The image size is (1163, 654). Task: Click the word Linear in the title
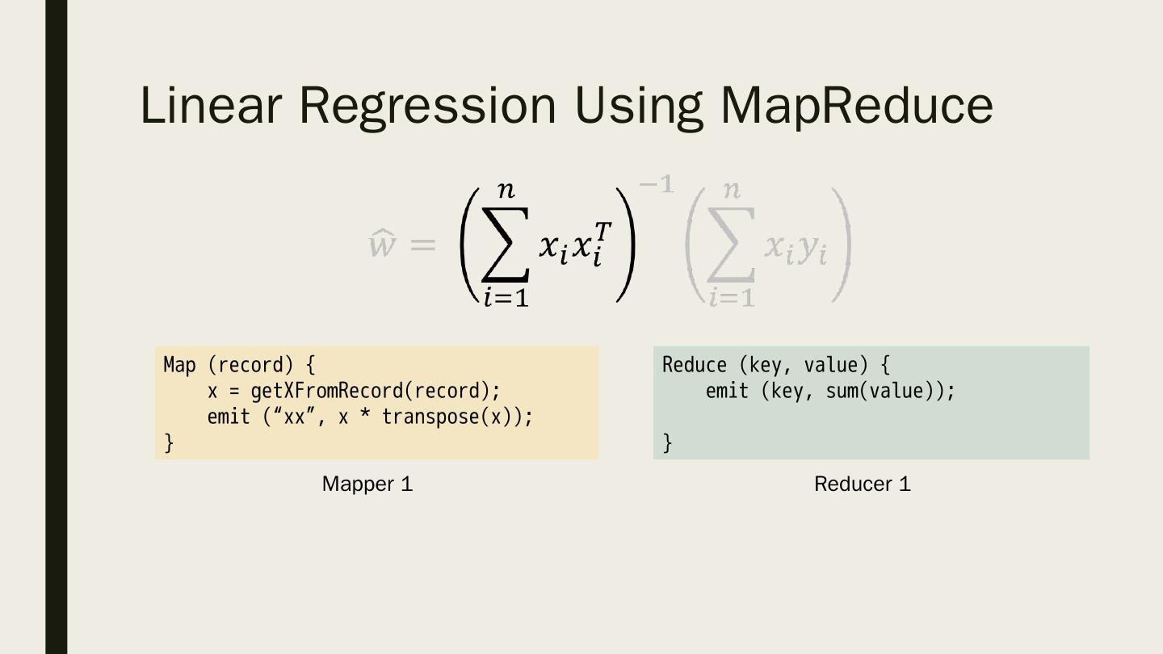(x=211, y=105)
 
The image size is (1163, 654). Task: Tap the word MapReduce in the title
(x=856, y=105)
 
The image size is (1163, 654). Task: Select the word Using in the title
(x=638, y=105)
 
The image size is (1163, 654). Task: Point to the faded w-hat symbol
(x=382, y=243)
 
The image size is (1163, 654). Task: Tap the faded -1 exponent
(x=656, y=185)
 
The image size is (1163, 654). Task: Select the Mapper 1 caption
(x=367, y=484)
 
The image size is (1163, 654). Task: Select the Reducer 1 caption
(x=862, y=484)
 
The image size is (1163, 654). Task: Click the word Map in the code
(x=179, y=365)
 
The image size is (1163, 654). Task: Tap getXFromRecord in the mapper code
(x=327, y=391)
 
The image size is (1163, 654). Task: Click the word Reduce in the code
(x=695, y=365)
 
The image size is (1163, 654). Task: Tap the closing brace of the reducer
(x=667, y=442)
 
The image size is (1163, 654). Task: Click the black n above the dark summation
(x=506, y=191)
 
